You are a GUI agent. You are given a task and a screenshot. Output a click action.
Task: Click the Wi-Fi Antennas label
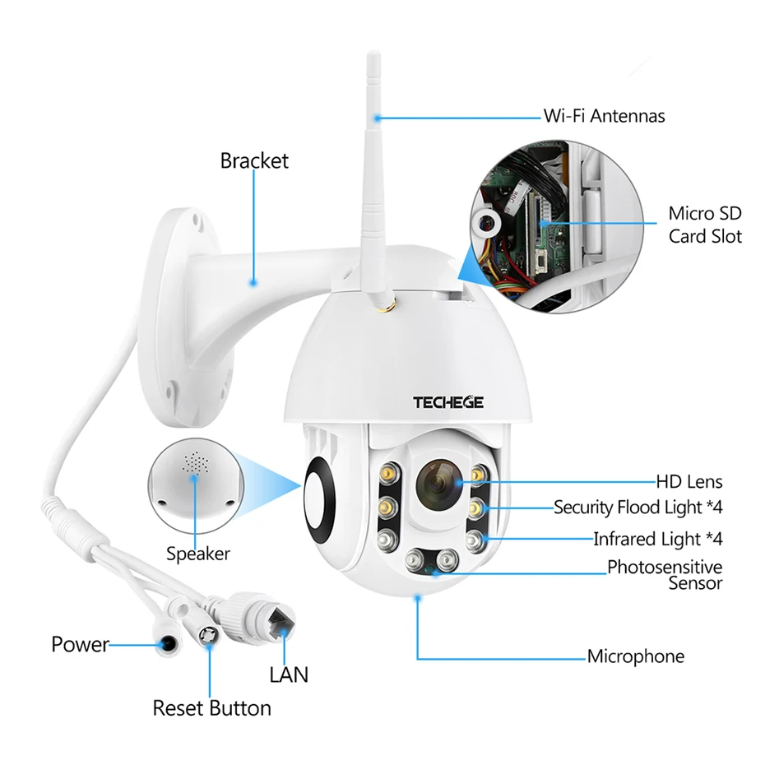(604, 116)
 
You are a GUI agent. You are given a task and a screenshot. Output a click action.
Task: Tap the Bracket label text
(254, 160)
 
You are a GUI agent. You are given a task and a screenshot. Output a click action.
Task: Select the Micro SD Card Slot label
(704, 225)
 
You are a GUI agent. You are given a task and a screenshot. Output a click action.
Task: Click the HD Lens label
(689, 482)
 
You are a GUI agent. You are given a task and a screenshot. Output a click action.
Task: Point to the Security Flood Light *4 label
(638, 508)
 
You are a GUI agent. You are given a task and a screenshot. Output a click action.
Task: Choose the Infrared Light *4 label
(657, 540)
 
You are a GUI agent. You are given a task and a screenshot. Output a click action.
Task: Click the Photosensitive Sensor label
(665, 575)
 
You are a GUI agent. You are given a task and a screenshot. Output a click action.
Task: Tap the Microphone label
(635, 656)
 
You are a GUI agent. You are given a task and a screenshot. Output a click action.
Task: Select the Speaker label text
(198, 554)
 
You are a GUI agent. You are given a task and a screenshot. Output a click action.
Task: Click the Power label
(80, 644)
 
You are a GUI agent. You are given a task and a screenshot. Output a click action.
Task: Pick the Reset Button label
(211, 707)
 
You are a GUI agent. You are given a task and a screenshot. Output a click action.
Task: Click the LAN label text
(289, 675)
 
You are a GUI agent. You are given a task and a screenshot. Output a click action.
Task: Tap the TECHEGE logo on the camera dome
(448, 402)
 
